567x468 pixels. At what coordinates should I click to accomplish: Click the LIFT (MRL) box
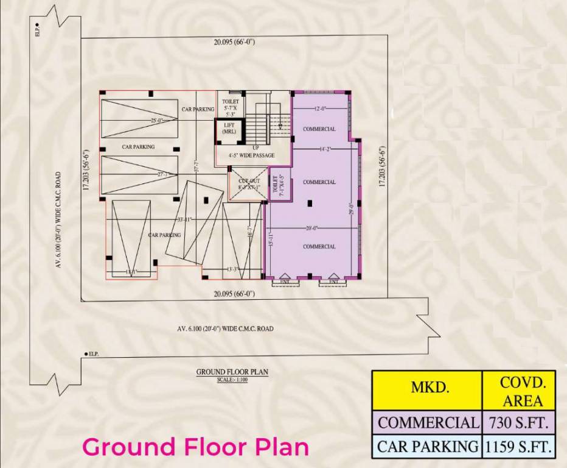click(x=229, y=129)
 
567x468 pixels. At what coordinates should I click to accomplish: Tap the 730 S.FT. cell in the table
click(x=518, y=422)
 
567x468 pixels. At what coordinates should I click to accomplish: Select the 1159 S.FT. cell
click(x=518, y=446)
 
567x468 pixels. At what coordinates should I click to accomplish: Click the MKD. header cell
click(x=427, y=390)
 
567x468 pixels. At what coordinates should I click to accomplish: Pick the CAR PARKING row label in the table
click(x=427, y=446)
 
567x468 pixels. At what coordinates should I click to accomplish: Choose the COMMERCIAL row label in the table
click(x=427, y=422)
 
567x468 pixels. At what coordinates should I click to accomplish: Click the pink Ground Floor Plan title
click(x=195, y=447)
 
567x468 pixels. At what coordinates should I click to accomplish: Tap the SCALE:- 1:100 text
click(x=232, y=380)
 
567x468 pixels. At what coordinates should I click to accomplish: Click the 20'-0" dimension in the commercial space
click(x=312, y=229)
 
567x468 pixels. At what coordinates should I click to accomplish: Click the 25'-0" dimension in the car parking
click(x=157, y=121)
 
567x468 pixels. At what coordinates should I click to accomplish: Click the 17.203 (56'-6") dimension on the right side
click(x=382, y=166)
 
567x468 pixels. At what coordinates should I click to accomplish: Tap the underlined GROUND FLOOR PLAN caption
click(x=232, y=371)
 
